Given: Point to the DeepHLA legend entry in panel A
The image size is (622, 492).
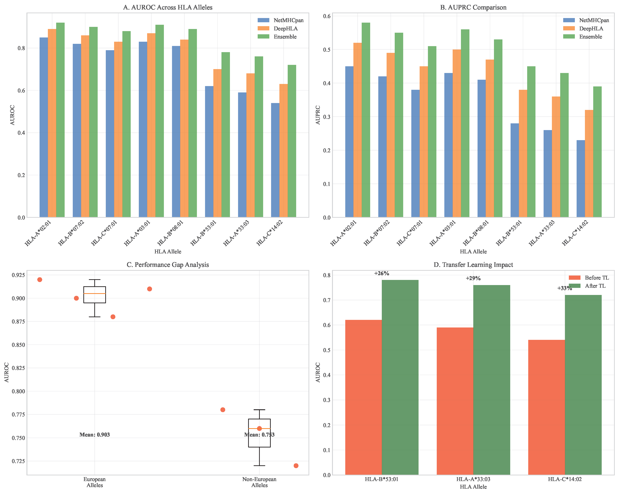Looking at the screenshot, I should point(285,28).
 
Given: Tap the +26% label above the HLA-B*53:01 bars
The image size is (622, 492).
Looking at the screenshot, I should point(382,273).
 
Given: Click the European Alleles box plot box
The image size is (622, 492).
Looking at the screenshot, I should point(94,295).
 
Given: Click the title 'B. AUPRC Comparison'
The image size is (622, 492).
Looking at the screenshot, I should point(473,7).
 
